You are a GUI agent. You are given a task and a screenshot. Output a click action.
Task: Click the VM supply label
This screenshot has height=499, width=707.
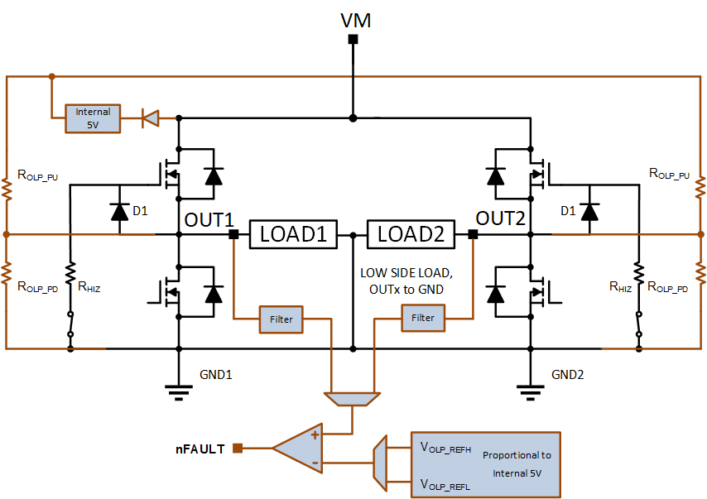tap(355, 21)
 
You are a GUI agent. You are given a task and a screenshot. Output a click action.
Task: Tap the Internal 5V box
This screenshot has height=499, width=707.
tap(93, 118)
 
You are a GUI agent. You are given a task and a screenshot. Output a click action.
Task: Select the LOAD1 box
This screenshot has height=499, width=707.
tap(293, 234)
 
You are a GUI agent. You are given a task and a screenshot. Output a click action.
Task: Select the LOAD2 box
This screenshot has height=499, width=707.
tap(411, 234)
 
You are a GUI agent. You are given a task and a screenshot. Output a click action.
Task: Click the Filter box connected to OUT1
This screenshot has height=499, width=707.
tap(281, 319)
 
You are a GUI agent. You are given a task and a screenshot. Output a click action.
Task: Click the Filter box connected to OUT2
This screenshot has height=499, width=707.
tap(423, 319)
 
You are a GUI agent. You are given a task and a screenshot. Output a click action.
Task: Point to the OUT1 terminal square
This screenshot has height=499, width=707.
tap(233, 234)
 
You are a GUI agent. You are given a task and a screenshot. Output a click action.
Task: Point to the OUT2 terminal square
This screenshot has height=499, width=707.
tap(473, 234)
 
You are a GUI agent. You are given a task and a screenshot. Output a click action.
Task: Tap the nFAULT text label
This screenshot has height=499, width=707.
tap(200, 449)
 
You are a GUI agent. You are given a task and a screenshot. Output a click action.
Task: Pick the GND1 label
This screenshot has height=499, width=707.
tap(215, 375)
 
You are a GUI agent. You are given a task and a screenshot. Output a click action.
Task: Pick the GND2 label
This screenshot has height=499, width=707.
tap(567, 375)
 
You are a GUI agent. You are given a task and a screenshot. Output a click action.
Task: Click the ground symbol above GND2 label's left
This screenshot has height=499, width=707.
tap(530, 392)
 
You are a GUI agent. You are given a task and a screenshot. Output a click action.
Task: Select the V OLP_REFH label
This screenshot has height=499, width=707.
tap(445, 448)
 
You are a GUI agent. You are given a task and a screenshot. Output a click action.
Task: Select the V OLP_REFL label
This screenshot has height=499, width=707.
tap(445, 485)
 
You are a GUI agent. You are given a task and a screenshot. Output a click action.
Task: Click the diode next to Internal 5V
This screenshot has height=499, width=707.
tap(150, 118)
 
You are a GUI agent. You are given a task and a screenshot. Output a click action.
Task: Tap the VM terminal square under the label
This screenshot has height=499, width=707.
tap(353, 39)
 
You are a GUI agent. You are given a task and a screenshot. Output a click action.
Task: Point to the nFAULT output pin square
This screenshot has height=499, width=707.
tap(238, 448)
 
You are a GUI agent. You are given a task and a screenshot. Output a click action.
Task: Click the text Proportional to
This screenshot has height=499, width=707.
tap(517, 455)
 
